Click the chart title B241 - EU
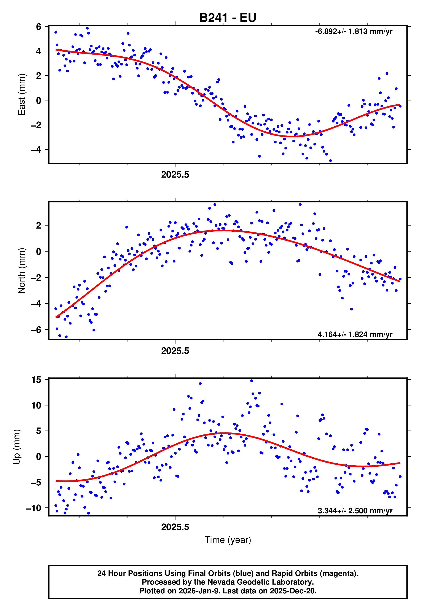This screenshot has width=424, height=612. (x=228, y=18)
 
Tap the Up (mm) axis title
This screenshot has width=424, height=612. (x=16, y=447)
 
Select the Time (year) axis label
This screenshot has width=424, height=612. (x=228, y=540)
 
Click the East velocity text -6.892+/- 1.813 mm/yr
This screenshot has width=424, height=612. (x=354, y=32)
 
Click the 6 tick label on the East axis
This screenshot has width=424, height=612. (x=39, y=27)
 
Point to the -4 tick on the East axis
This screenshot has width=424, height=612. (x=36, y=149)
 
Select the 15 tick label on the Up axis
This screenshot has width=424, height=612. (x=36, y=380)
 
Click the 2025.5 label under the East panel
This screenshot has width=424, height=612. (x=175, y=175)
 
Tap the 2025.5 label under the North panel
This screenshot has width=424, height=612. (x=175, y=351)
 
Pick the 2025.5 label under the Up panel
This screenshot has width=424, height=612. (x=175, y=527)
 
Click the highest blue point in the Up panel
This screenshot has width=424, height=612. (x=252, y=381)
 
